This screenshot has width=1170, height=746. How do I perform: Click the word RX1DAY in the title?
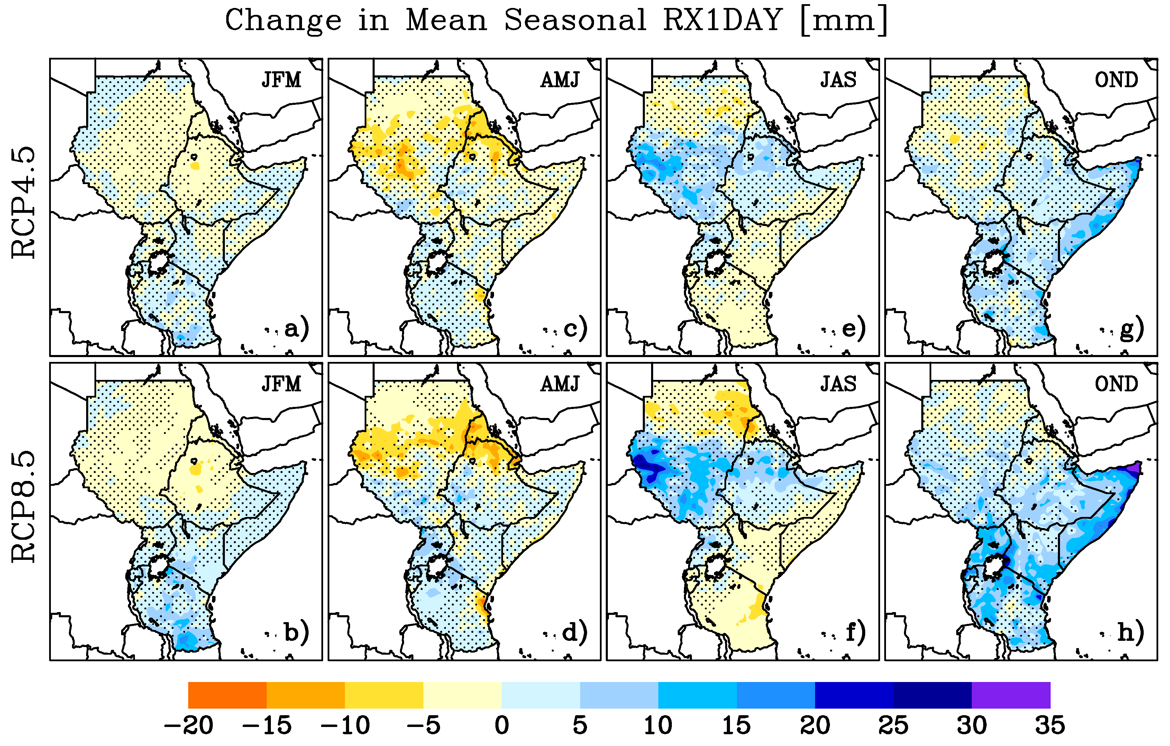point(722,20)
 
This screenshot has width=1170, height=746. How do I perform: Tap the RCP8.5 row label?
point(23,507)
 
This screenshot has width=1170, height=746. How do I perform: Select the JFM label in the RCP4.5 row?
point(281,80)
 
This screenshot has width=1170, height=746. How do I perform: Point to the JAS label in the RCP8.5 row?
point(838,384)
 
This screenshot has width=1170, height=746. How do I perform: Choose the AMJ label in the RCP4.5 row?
point(560,80)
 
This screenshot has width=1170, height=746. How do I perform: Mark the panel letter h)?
point(1131,633)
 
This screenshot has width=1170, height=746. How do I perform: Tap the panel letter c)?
point(575,329)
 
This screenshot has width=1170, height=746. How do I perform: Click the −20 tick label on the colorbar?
point(189,726)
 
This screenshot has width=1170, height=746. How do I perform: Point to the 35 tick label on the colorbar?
point(1050,726)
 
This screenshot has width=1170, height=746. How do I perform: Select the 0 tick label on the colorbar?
point(502,726)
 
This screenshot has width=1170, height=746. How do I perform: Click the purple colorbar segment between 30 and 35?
point(1011,695)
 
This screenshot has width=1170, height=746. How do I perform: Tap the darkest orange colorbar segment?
point(227,695)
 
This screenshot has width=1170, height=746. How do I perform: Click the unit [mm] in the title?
point(843,20)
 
